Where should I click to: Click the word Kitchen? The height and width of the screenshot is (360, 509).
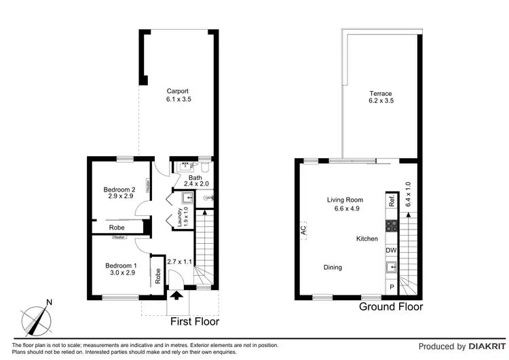tap(367, 239)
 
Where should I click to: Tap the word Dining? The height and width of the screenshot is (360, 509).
tap(333, 268)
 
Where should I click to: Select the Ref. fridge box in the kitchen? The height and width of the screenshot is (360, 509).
tap(392, 201)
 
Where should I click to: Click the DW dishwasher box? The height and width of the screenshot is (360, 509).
tap(391, 251)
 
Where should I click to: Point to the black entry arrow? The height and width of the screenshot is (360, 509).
tap(177, 295)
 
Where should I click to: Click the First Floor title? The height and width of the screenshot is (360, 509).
tap(193, 321)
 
